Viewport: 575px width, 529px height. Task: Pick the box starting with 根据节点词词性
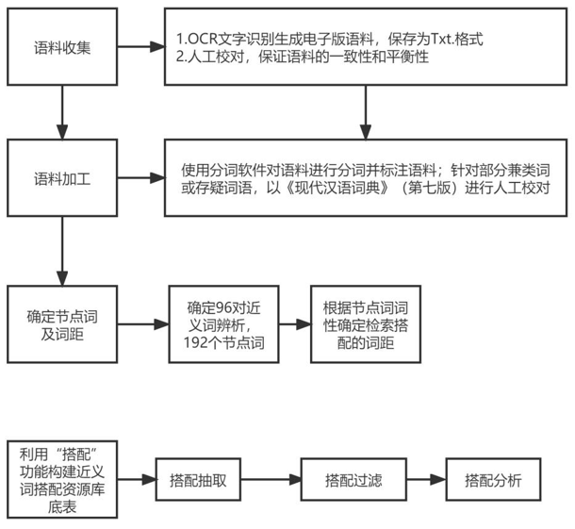(x=365, y=325)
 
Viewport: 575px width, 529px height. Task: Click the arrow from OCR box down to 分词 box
(x=365, y=111)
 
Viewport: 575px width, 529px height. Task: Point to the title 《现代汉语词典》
(x=323, y=189)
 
